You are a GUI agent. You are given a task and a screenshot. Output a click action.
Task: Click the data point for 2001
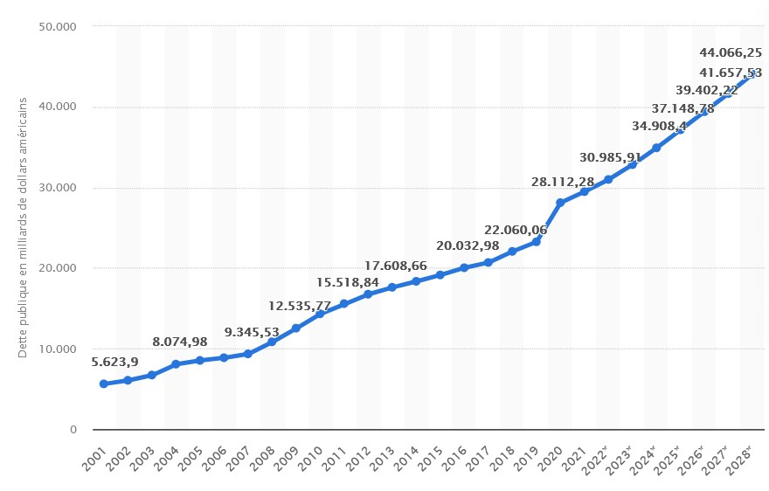(x=104, y=384)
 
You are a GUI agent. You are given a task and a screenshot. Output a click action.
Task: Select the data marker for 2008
(x=272, y=342)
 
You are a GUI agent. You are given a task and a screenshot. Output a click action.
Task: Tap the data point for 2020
(x=560, y=203)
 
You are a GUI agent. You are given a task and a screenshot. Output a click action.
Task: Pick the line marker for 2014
(x=416, y=281)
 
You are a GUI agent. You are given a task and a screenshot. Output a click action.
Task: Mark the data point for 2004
(x=176, y=364)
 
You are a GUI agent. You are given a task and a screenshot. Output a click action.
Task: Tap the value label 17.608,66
(x=395, y=266)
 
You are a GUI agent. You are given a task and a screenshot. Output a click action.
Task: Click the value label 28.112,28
(x=563, y=182)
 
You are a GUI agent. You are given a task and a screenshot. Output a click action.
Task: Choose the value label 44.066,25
(x=731, y=52)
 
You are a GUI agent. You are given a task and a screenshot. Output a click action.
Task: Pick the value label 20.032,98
(x=468, y=245)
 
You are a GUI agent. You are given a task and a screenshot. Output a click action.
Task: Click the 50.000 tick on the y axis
(x=59, y=26)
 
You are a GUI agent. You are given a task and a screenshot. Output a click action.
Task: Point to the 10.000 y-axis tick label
(x=59, y=349)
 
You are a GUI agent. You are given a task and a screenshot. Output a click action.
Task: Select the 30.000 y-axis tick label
(x=59, y=188)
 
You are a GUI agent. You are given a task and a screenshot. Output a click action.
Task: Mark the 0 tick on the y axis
(x=73, y=430)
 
